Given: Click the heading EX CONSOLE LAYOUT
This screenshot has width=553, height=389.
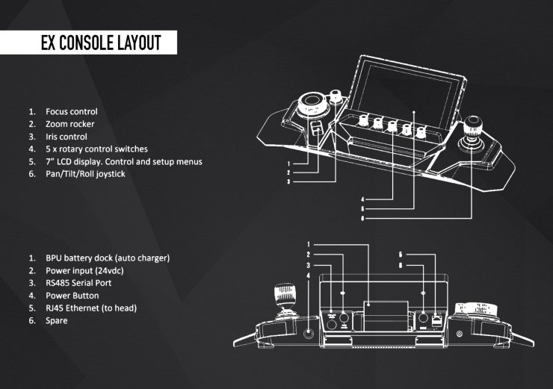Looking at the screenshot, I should coord(101,43).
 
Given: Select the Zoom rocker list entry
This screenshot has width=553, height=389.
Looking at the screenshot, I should coord(69,124).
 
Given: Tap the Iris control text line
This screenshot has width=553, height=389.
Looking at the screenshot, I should coord(67,137).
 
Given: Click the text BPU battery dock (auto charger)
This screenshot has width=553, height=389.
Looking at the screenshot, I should coord(108,258).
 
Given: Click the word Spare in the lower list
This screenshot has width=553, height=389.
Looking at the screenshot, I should coord(56,320).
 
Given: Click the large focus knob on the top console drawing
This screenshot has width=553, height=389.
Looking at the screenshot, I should coord(310,102).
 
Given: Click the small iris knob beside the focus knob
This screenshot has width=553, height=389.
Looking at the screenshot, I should coord(336,96).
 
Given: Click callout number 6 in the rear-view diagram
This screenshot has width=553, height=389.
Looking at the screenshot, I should coord(401,265).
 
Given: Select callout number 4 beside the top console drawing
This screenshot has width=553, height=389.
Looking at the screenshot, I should coord(362,199).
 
